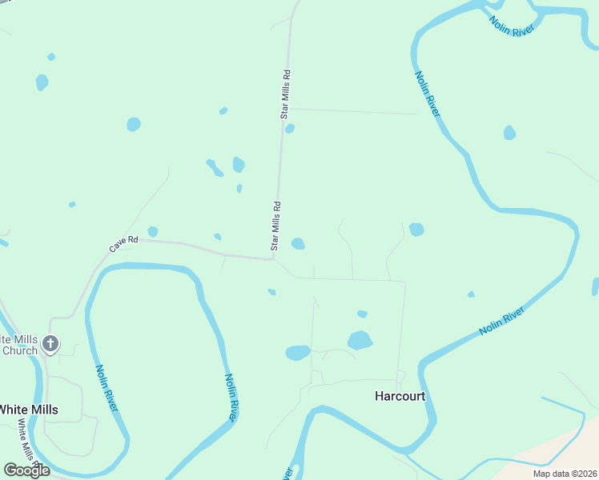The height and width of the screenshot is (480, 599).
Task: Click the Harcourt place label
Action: [400, 396]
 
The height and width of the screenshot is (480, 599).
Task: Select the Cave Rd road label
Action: [124, 244]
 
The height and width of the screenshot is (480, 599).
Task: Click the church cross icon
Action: [50, 344]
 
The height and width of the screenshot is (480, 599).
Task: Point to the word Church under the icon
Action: [19, 350]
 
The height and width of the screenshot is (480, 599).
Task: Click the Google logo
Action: [26, 470]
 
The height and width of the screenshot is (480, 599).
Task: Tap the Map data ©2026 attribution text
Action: [565, 474]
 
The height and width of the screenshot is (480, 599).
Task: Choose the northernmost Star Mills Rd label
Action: [285, 94]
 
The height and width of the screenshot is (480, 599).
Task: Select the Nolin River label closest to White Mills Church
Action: [107, 389]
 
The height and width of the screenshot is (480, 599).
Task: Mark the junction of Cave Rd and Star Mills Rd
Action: [274, 258]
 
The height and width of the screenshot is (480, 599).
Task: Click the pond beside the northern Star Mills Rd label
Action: [290, 128]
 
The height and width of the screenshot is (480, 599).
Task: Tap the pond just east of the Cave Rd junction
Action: [298, 244]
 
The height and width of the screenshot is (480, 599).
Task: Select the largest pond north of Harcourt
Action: [360, 341]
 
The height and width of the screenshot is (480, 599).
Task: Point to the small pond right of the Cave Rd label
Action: [152, 231]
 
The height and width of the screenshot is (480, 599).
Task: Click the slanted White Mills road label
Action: [26, 445]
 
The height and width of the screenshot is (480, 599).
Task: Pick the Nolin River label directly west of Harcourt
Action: [231, 398]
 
